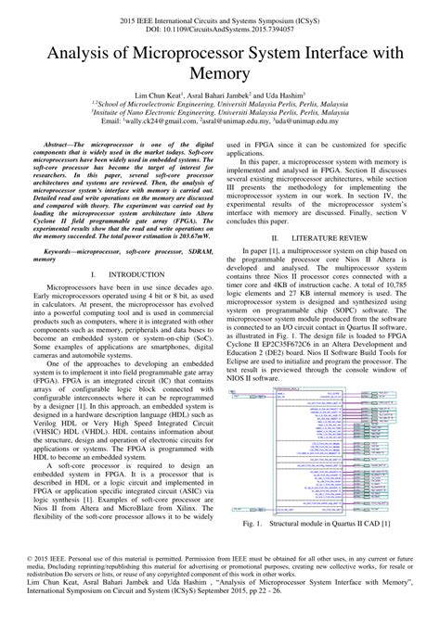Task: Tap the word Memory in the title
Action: click(219, 80)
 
